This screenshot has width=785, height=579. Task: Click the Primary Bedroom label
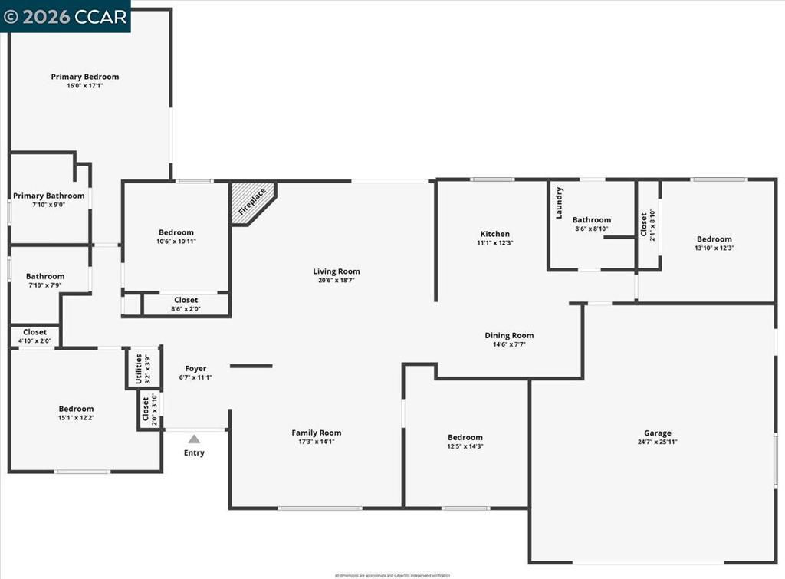coord(85,77)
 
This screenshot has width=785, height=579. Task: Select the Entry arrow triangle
coord(194,439)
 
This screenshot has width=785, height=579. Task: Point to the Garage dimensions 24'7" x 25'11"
coord(657,442)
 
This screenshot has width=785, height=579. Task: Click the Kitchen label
coord(494,234)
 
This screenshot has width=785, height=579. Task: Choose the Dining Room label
coord(509,335)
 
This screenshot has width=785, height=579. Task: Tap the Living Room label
coord(336,271)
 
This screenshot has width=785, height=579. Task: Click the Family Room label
coord(316,433)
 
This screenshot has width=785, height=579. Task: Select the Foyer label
coord(195,369)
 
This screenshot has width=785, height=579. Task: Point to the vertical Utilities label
coord(139,368)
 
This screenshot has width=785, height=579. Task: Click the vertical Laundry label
coord(560,202)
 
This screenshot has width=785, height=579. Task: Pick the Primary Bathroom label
coord(49,196)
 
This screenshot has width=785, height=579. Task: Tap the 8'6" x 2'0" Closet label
coord(186,300)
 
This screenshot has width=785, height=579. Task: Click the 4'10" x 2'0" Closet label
coord(34,332)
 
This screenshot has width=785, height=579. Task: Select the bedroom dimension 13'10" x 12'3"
coord(714,248)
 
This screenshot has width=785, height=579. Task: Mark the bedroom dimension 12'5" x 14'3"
coord(465,446)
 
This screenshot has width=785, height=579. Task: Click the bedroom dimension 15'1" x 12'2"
coord(76,418)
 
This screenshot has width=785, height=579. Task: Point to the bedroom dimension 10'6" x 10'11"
coord(176,242)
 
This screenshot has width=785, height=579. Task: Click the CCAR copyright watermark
coord(65,16)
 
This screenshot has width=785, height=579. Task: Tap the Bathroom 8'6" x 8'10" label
coord(591,220)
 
